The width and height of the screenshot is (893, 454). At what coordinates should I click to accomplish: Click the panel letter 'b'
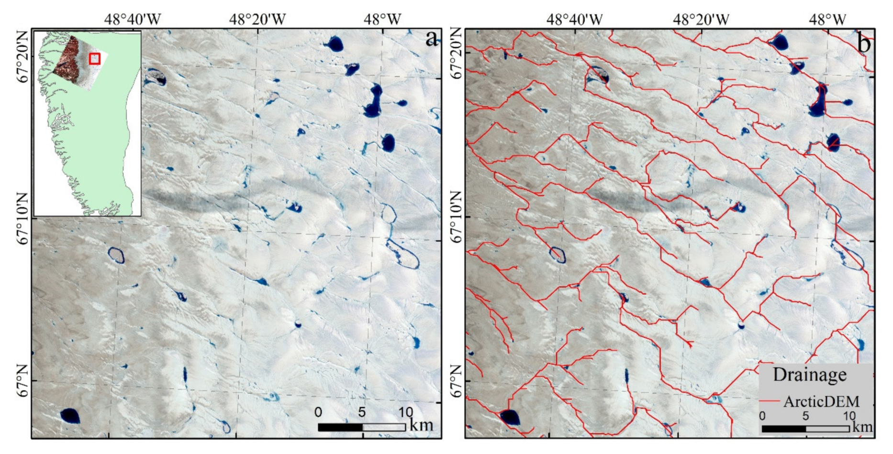864,43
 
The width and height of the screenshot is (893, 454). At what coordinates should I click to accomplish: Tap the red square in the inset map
95,58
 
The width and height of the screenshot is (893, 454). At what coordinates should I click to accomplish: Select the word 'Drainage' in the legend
810,375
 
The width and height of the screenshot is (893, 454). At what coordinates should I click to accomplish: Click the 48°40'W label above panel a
133,19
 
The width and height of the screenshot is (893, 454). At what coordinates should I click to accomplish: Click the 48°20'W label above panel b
701,19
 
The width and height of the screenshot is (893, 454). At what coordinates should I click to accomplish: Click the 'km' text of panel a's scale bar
422,425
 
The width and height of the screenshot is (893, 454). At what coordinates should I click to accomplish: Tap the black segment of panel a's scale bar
340,427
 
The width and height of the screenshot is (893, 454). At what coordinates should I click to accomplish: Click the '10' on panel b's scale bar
849,415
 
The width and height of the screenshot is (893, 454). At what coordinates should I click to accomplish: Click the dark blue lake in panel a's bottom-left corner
70,416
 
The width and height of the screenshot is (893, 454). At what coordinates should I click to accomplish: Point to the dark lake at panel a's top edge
335,44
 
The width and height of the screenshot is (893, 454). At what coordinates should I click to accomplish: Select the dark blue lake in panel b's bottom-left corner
509,417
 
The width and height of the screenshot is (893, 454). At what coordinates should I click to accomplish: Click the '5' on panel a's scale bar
362,412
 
